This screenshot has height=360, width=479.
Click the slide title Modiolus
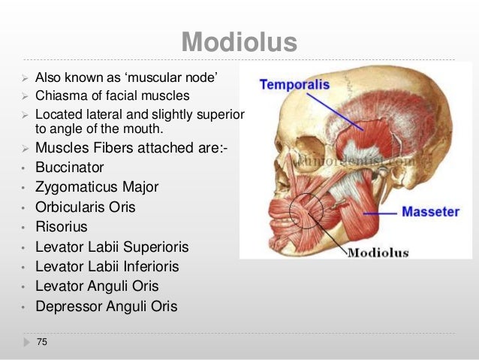[239, 42]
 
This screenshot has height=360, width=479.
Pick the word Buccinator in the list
[70, 167]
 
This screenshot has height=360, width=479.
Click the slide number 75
[41, 343]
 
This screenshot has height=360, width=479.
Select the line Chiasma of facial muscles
[113, 95]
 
